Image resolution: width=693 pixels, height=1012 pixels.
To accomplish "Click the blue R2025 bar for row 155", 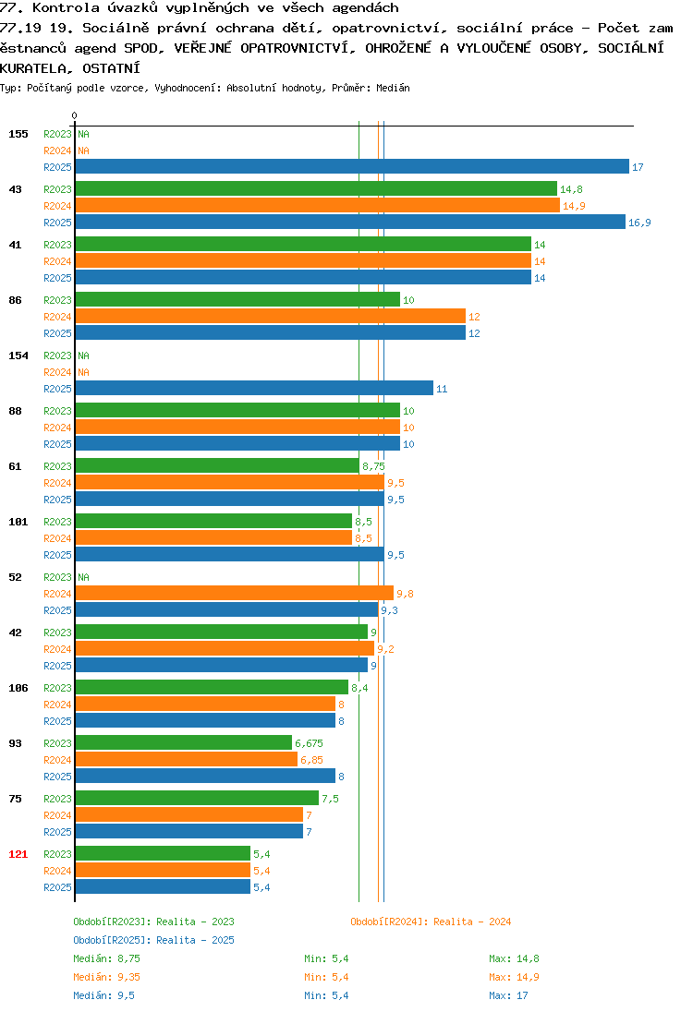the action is pyautogui.click(x=352, y=166).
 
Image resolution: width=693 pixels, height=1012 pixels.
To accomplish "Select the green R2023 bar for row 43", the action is pyautogui.click(x=316, y=188).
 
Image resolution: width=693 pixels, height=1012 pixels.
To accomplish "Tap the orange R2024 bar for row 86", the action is pyautogui.click(x=271, y=316).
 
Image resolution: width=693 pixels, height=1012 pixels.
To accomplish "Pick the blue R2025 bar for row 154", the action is pyautogui.click(x=254, y=388).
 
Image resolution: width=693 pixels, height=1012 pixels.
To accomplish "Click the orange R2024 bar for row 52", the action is pyautogui.click(x=235, y=593).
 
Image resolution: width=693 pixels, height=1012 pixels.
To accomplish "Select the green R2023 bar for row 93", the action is pyautogui.click(x=184, y=743).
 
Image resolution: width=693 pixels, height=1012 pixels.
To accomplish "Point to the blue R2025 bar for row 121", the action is pyautogui.click(x=163, y=886).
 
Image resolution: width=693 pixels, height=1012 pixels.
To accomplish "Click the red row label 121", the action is pyautogui.click(x=18, y=854).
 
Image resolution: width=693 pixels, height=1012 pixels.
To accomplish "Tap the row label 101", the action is pyautogui.click(x=18, y=522).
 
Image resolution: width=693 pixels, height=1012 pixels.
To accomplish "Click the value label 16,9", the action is pyautogui.click(x=639, y=223).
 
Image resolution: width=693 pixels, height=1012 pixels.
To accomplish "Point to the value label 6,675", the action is pyautogui.click(x=309, y=743).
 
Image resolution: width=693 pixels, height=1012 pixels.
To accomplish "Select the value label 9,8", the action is pyautogui.click(x=405, y=594).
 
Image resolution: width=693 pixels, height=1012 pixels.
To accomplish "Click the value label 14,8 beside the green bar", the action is pyautogui.click(x=571, y=189).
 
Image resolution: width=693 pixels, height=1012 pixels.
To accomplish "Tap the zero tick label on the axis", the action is pyautogui.click(x=74, y=115).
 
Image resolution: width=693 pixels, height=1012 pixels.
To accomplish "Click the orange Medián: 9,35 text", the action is pyautogui.click(x=106, y=977).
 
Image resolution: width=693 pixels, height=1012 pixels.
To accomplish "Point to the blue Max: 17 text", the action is pyautogui.click(x=508, y=995).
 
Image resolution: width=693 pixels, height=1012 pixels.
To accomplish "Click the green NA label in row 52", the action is pyautogui.click(x=83, y=577).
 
